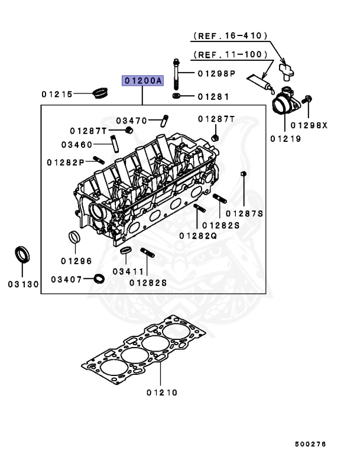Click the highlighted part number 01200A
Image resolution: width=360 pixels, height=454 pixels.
tap(142, 80)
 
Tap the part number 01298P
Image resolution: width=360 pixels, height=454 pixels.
tap(216, 74)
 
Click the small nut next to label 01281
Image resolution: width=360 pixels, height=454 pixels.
tap(177, 95)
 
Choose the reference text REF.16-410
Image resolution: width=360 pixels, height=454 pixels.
tap(230, 36)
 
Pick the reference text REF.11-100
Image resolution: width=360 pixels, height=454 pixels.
tap(230, 54)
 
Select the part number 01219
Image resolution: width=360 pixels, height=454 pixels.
tap(286, 140)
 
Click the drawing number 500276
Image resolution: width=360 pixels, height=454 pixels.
tap(310, 443)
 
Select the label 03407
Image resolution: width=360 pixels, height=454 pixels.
tap(66, 278)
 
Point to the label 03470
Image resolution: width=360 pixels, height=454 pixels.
tap(131, 120)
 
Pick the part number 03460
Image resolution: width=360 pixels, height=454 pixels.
tap(77, 144)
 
